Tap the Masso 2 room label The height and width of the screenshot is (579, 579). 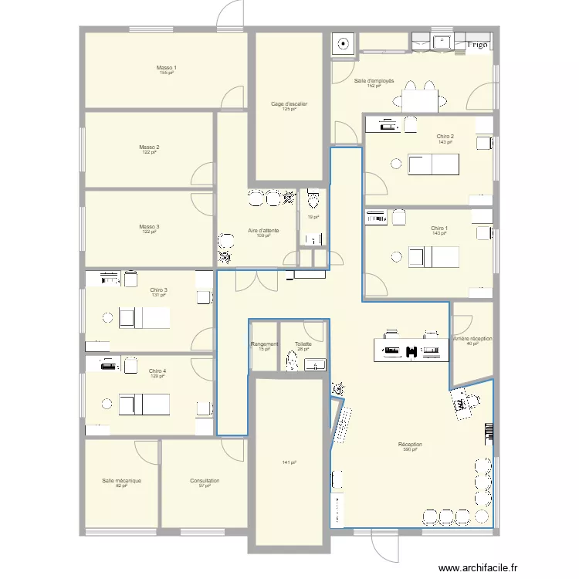pyautogui.click(x=149, y=147)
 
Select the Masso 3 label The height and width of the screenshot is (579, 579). pyautogui.click(x=149, y=226)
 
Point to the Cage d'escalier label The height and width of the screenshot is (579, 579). pyautogui.click(x=289, y=103)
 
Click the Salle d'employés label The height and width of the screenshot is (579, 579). pyautogui.click(x=374, y=80)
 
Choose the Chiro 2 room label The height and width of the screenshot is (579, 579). pyautogui.click(x=445, y=137)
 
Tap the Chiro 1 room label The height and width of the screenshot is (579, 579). pyautogui.click(x=439, y=228)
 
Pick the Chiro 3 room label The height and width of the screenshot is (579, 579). pyautogui.click(x=159, y=290)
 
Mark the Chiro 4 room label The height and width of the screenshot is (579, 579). pyautogui.click(x=157, y=371)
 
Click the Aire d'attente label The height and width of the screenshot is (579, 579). pyautogui.click(x=263, y=230)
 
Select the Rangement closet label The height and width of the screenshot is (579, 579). pyautogui.click(x=265, y=344)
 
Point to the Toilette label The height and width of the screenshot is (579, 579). pyautogui.click(x=303, y=344)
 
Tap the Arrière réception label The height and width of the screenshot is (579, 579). pyautogui.click(x=472, y=339)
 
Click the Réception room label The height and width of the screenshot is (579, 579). pyautogui.click(x=410, y=444)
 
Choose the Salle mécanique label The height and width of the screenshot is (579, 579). pyautogui.click(x=121, y=480)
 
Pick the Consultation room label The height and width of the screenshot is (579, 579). pyautogui.click(x=205, y=480)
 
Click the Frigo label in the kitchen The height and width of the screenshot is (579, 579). pyautogui.click(x=477, y=45)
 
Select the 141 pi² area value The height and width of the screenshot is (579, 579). pyautogui.click(x=289, y=462)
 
